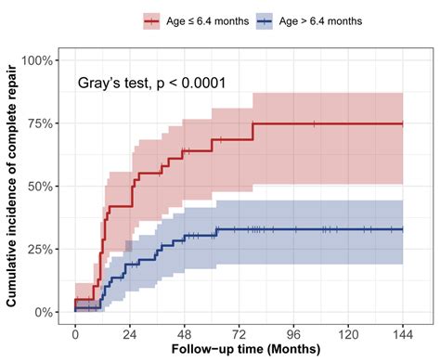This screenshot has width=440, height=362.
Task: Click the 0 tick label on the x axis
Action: pyautogui.click(x=75, y=333)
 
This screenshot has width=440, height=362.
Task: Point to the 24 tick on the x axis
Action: pyautogui.click(x=130, y=333)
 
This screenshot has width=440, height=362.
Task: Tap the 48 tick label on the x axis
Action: pyautogui.click(x=185, y=333)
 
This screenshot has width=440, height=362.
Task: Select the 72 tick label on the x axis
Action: pyautogui.click(x=239, y=333)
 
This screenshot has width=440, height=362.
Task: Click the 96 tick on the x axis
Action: pyautogui.click(x=294, y=333)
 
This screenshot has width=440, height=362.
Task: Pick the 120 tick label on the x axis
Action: pyautogui.click(x=349, y=333)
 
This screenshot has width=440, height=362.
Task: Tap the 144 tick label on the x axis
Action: pyautogui.click(x=404, y=333)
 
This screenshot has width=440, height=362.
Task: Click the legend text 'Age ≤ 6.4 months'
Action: pyautogui.click(x=209, y=19)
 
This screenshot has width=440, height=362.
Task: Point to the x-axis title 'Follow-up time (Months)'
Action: pyautogui.click(x=239, y=352)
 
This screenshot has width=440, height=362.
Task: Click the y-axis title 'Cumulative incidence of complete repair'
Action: pyautogui.click(x=11, y=186)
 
